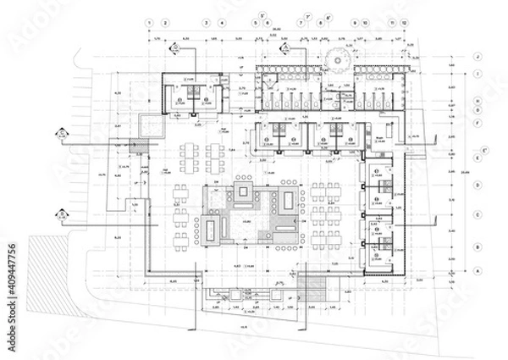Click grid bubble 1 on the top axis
(x=149, y=22)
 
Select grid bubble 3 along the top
(x=204, y=22)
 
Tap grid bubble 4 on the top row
(x=222, y=22)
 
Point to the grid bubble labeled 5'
(x=262, y=17)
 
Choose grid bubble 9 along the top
(x=353, y=22)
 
